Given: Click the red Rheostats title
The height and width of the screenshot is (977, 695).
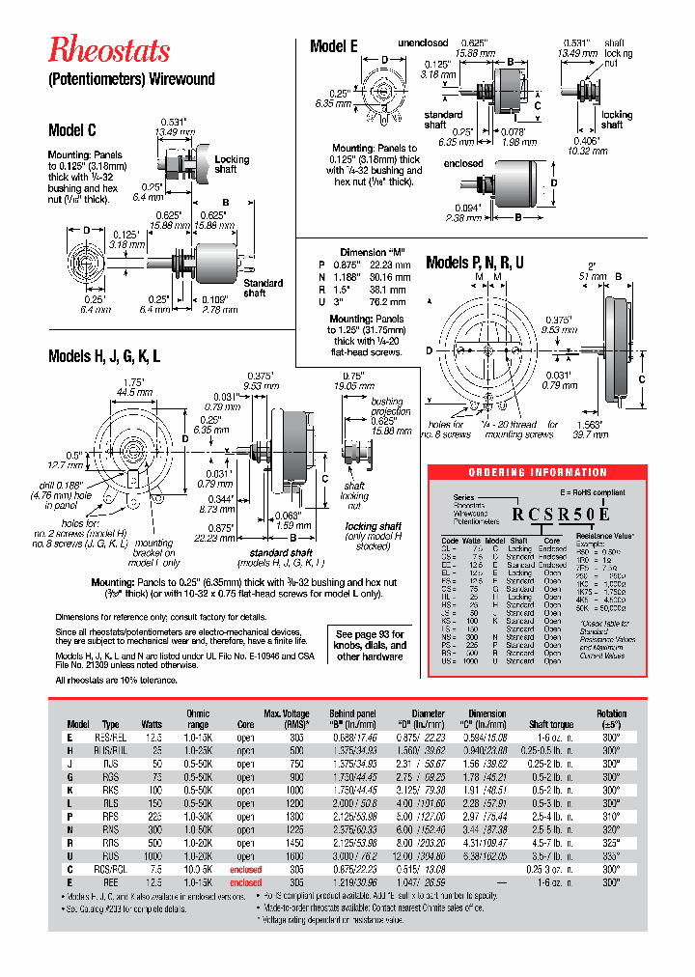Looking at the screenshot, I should tap(109, 50).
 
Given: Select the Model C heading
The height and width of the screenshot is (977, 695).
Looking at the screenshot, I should tap(71, 130).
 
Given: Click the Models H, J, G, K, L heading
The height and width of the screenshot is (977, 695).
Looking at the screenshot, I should tap(104, 356).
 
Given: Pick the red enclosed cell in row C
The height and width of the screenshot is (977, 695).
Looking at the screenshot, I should tap(245, 869).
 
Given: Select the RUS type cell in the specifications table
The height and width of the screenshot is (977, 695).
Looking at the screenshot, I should tap(111, 855).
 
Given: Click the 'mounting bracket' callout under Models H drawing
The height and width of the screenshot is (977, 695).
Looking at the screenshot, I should tap(154, 552).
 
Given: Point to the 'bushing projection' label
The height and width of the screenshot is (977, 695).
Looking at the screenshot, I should tap(387, 405).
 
